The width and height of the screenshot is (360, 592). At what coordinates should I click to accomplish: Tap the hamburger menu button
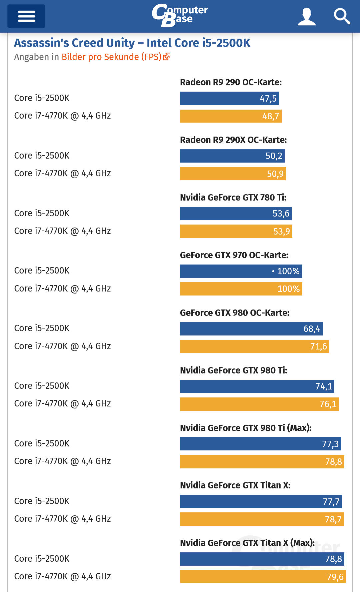tap(26, 16)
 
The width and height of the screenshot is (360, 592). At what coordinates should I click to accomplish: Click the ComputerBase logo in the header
tap(180, 15)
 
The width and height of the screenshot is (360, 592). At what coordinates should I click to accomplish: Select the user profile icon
tap(306, 16)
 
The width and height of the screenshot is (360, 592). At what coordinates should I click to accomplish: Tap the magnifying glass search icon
tap(342, 16)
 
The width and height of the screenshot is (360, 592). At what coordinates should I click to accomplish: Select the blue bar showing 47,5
tap(229, 98)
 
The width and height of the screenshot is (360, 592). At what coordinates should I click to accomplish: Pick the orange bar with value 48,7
tap(231, 116)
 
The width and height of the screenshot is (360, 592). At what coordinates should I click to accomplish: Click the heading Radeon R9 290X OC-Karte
tap(233, 140)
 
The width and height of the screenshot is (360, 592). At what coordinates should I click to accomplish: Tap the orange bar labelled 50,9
tap(233, 174)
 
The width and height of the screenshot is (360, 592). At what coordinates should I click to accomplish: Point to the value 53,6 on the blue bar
tap(281, 214)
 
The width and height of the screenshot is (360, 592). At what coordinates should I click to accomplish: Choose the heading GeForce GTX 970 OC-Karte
tap(234, 255)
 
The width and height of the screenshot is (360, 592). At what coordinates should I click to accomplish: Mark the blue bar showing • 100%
tap(241, 271)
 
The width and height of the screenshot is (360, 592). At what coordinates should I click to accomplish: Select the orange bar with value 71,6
tap(254, 346)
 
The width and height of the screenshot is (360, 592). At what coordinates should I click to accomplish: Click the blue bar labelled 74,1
tap(257, 386)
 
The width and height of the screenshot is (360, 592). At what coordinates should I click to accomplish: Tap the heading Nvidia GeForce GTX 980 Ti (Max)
tap(246, 428)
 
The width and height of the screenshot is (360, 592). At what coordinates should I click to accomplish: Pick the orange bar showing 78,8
tap(262, 462)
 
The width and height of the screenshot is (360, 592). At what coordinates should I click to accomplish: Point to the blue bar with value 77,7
tap(261, 501)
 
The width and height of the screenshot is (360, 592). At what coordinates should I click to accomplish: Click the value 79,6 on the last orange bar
tap(335, 577)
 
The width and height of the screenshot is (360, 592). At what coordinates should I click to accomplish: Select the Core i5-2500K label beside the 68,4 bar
tap(42, 328)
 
